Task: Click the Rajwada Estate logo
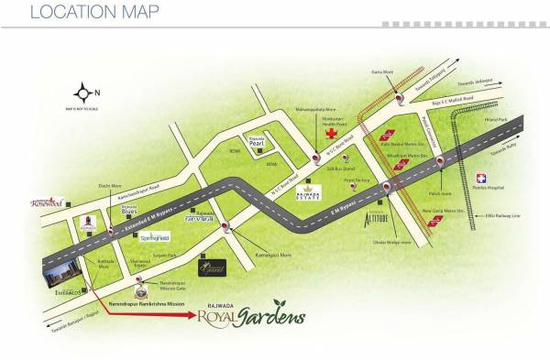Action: [x=306, y=192]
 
